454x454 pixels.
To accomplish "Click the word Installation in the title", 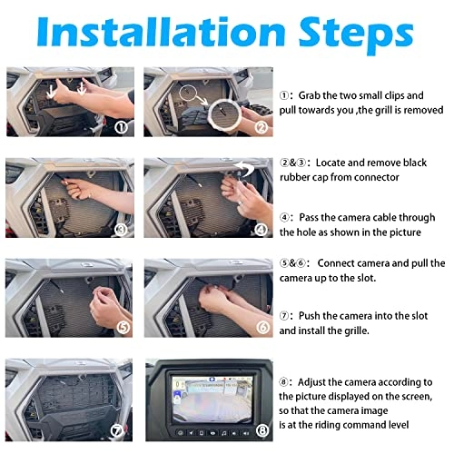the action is tap(161, 32).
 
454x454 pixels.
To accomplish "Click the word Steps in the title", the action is tap(356, 35).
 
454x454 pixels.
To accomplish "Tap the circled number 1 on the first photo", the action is tap(122, 127).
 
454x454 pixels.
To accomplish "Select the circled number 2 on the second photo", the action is tap(261, 127).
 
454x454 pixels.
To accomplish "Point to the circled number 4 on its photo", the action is tap(261, 230).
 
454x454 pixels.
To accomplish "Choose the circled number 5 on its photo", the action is tap(123, 328).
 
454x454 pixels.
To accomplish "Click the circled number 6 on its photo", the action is tap(262, 328).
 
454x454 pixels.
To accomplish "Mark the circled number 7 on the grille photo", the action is tap(117, 430).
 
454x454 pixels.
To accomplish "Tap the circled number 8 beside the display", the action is tap(262, 430).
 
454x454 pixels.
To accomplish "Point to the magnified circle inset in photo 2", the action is tap(224, 113).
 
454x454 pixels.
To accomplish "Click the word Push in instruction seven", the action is tap(310, 316).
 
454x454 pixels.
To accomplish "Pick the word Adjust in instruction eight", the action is tap(311, 382).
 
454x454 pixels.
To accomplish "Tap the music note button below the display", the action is tap(223, 433).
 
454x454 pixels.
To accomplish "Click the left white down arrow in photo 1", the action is tap(51, 92).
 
